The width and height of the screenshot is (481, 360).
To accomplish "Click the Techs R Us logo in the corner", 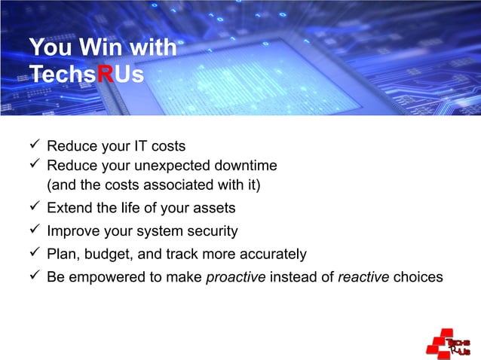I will click(x=449, y=343).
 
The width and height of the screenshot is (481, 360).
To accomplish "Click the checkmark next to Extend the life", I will click(x=33, y=207).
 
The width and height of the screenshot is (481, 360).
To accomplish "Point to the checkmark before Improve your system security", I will click(x=33, y=230).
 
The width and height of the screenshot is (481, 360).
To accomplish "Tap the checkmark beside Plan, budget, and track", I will click(x=33, y=254).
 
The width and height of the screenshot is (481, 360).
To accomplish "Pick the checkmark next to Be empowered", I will click(x=33, y=277).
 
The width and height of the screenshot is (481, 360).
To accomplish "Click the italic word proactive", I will click(x=235, y=278).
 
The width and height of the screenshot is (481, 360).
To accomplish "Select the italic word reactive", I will click(x=363, y=278).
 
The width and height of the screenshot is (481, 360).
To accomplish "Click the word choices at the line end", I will click(x=418, y=278).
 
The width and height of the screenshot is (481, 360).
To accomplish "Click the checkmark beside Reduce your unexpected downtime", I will click(x=33, y=165).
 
